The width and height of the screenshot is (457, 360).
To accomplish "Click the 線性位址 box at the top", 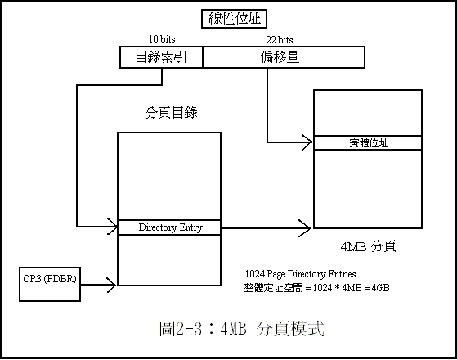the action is pos(234,19).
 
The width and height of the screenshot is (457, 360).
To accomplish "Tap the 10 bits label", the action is pos(162,39).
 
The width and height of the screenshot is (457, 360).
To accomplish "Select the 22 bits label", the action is pos(280,39).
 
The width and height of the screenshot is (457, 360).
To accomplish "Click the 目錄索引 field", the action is pos(161,57).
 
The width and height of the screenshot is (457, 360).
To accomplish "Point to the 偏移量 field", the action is pos(284,57).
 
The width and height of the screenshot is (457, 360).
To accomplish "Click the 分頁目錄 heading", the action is pos(172,113).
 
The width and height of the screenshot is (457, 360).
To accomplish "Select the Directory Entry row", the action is pos(169,227).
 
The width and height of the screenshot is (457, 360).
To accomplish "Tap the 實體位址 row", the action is pos(368,143).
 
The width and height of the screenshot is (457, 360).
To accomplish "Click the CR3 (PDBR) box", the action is pos(50,284).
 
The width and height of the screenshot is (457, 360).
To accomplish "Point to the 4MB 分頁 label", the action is pos(368,246).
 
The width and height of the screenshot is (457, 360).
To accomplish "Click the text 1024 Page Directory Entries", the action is pos(301,274).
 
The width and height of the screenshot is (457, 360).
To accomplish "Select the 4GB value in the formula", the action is pos(380,288).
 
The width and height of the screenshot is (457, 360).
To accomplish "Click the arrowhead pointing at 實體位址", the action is pos(307,142).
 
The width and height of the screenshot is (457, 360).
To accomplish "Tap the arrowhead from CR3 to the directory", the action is pos(112,285).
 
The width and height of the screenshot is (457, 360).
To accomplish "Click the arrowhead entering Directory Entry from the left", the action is pos(113,227).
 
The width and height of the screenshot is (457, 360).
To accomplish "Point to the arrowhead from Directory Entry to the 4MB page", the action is pos(305,227).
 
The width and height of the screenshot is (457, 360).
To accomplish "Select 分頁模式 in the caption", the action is pos(290,328).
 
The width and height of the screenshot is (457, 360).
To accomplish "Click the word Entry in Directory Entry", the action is pos(191,227).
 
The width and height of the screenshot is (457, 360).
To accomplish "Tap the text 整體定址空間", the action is pos(274,288).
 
